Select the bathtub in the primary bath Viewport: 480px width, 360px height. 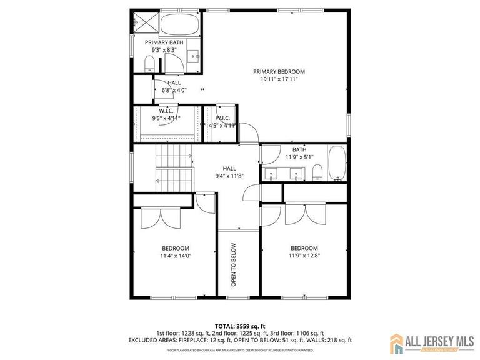180,24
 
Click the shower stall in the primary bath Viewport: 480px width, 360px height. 145,23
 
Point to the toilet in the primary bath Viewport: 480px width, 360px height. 149,62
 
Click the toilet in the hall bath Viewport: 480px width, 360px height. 317,172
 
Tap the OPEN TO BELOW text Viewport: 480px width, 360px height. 234,264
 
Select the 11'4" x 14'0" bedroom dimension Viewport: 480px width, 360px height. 176,255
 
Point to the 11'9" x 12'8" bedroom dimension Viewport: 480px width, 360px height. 304,255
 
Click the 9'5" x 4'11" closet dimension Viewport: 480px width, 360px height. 166,117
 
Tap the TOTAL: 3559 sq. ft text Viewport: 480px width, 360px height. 240,326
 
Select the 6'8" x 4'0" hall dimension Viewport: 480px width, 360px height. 174,90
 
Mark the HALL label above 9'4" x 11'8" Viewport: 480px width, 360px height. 229,168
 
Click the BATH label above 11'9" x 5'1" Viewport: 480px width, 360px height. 299,149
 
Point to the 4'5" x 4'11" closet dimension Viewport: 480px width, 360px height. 222,125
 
